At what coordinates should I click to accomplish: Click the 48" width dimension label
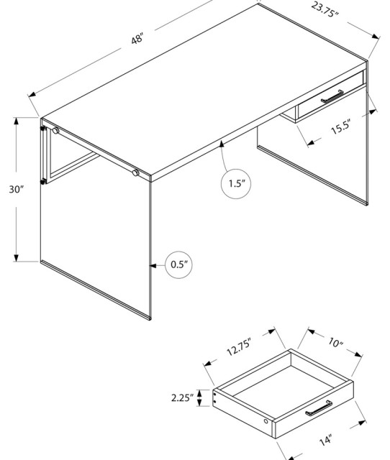point(137,39)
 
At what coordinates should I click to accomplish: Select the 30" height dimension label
point(17,190)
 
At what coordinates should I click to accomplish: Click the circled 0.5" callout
point(179,264)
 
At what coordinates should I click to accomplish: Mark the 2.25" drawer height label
point(182,397)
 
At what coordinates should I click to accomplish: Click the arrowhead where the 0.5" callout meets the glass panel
point(152,264)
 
